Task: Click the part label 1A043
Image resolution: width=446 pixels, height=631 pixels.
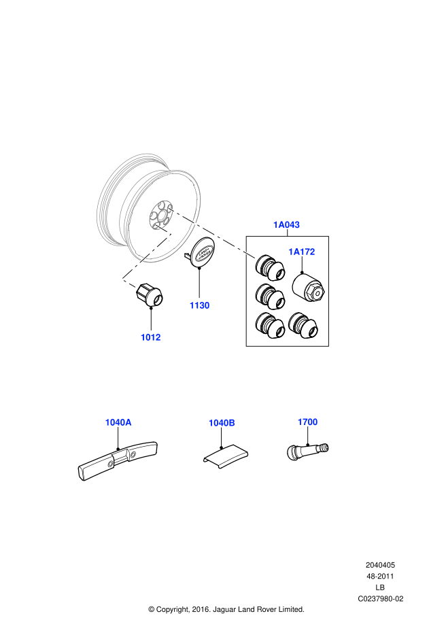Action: click(x=286, y=224)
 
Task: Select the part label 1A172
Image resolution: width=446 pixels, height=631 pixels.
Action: click(x=302, y=252)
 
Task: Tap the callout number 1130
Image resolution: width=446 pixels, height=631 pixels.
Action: click(x=199, y=305)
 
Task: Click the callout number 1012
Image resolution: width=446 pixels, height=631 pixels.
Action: click(x=151, y=337)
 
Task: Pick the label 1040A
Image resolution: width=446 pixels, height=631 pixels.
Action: click(x=118, y=422)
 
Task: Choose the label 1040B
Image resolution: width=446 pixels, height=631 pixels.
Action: click(x=222, y=423)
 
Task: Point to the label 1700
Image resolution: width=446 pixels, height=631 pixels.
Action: click(x=307, y=422)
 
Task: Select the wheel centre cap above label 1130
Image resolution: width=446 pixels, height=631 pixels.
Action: click(x=201, y=254)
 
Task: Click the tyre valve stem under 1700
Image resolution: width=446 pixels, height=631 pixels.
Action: click(x=307, y=449)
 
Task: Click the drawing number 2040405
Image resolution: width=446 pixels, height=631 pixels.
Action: click(x=380, y=565)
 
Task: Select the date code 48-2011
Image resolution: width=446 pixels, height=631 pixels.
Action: click(x=380, y=576)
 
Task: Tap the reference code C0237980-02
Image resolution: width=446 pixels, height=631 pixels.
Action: click(x=381, y=598)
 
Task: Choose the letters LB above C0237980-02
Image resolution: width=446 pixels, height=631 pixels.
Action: click(x=380, y=587)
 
